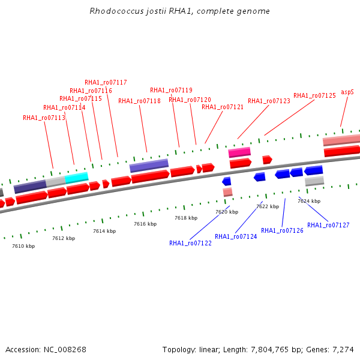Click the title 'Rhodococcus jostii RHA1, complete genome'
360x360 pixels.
click(179, 11)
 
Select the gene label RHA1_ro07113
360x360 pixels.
click(44, 118)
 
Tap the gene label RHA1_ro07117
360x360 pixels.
click(106, 82)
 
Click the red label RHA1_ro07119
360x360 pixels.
click(171, 90)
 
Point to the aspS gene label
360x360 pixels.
click(347, 92)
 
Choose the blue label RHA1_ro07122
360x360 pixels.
click(190, 243)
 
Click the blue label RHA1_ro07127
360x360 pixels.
click(328, 225)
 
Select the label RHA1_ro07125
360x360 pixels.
click(314, 96)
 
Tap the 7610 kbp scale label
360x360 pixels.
click(23, 246)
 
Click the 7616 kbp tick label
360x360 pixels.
click(145, 224)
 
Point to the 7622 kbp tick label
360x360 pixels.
click(268, 206)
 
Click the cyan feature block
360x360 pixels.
click(77, 178)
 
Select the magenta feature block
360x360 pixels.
click(239, 152)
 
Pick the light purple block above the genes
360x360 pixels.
click(149, 166)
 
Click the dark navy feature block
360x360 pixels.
click(30, 187)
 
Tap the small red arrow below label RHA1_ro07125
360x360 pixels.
click(268, 160)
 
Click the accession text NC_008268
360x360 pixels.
click(65, 350)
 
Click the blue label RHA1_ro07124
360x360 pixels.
click(236, 237)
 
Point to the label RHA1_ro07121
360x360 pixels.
click(223, 107)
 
